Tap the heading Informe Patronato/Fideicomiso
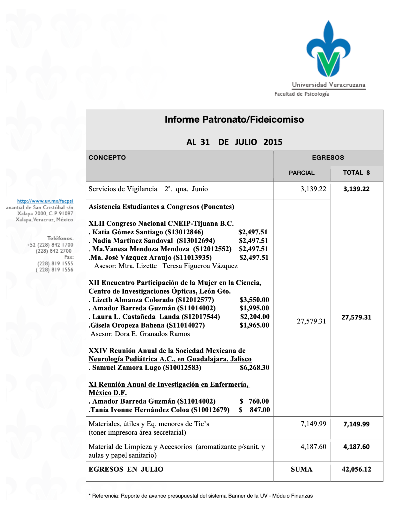(x=234, y=119)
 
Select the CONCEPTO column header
(x=107, y=158)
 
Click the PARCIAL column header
(x=301, y=173)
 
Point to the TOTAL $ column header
(x=356, y=173)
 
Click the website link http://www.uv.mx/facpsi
(x=45, y=201)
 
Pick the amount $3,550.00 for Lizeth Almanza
(x=254, y=300)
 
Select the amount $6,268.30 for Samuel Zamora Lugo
(x=254, y=368)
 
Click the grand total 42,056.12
(x=356, y=469)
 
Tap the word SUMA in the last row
(x=301, y=469)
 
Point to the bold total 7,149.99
(x=356, y=424)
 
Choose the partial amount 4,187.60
(x=313, y=447)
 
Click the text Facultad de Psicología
(x=301, y=94)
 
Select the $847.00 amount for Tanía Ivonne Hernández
(x=255, y=410)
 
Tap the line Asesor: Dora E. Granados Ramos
(x=140, y=334)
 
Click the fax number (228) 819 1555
(x=55, y=264)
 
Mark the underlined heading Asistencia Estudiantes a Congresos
(x=161, y=207)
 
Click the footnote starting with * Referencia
(x=201, y=496)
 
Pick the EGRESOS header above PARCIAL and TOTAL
(x=328, y=158)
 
